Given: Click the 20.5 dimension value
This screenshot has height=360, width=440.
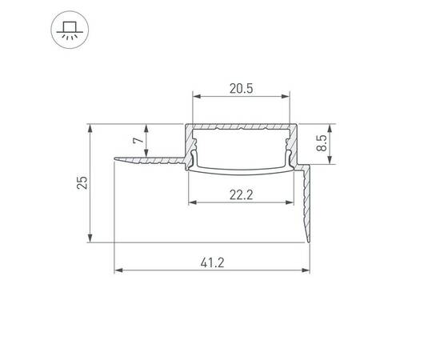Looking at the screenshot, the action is (242, 89).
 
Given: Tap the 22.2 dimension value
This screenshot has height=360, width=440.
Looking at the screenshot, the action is (242, 194).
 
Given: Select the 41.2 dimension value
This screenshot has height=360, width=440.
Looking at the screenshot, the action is (213, 263).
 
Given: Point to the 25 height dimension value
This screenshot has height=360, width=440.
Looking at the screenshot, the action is (82, 182).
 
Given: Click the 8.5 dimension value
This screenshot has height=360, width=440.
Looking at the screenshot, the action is (322, 143).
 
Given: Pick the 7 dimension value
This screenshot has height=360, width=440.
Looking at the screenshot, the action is (138, 140).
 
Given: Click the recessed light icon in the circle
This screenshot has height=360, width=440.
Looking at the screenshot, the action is (70, 30).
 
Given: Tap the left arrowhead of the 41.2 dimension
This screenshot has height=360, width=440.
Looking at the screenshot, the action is (118, 270).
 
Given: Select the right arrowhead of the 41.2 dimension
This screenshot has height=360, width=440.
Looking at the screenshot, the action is (306, 270).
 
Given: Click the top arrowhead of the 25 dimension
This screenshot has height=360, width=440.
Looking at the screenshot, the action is (90, 128).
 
